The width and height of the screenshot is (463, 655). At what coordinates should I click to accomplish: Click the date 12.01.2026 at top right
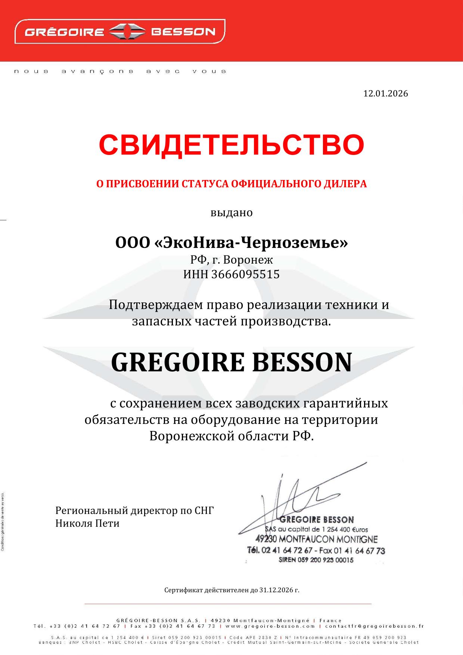coord(385,93)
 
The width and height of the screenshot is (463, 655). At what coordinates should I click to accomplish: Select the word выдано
coord(232,213)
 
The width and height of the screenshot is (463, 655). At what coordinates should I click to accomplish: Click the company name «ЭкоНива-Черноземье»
coord(251,243)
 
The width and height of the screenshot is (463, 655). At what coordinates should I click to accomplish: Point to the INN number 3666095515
coord(245,274)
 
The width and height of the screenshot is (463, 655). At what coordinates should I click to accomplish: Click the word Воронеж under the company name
coord(250,259)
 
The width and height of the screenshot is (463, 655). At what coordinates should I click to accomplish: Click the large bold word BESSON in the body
coord(302,362)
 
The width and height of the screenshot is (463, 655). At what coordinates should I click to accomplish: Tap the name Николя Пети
coord(87,523)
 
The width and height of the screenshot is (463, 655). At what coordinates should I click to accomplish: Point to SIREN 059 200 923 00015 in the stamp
coord(316,560)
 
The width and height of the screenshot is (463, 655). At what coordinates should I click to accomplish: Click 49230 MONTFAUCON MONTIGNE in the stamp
coord(316,539)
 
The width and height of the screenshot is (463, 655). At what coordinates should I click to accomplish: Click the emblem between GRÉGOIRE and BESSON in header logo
coord(127,31)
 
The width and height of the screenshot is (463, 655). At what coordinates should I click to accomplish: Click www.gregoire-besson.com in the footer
coord(270,626)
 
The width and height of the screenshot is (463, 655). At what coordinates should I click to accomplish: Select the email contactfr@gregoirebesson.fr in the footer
coord(375,626)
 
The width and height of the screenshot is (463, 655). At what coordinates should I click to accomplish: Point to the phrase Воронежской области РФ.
coord(232,436)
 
